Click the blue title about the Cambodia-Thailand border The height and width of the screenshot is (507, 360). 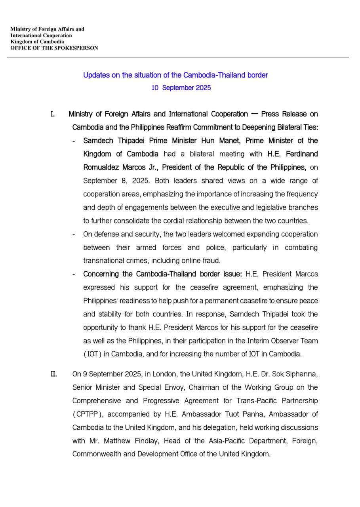pos(175,75)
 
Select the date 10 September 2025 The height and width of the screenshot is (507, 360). pos(181,88)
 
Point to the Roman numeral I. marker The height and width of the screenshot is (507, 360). pos(52,114)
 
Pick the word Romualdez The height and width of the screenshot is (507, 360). pos(101,167)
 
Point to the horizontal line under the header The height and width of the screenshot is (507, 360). pos(178,57)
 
